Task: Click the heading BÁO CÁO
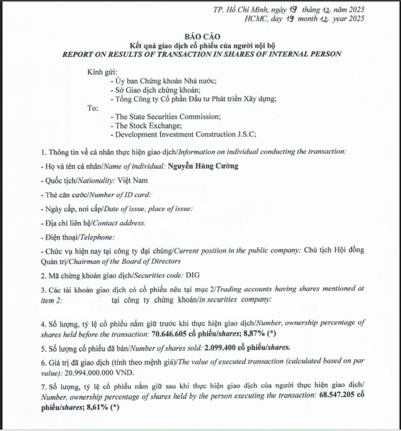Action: coord(202,36)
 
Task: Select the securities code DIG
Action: coord(192,275)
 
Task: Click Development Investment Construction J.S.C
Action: coord(185,134)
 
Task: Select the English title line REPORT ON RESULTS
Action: coord(202,54)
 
